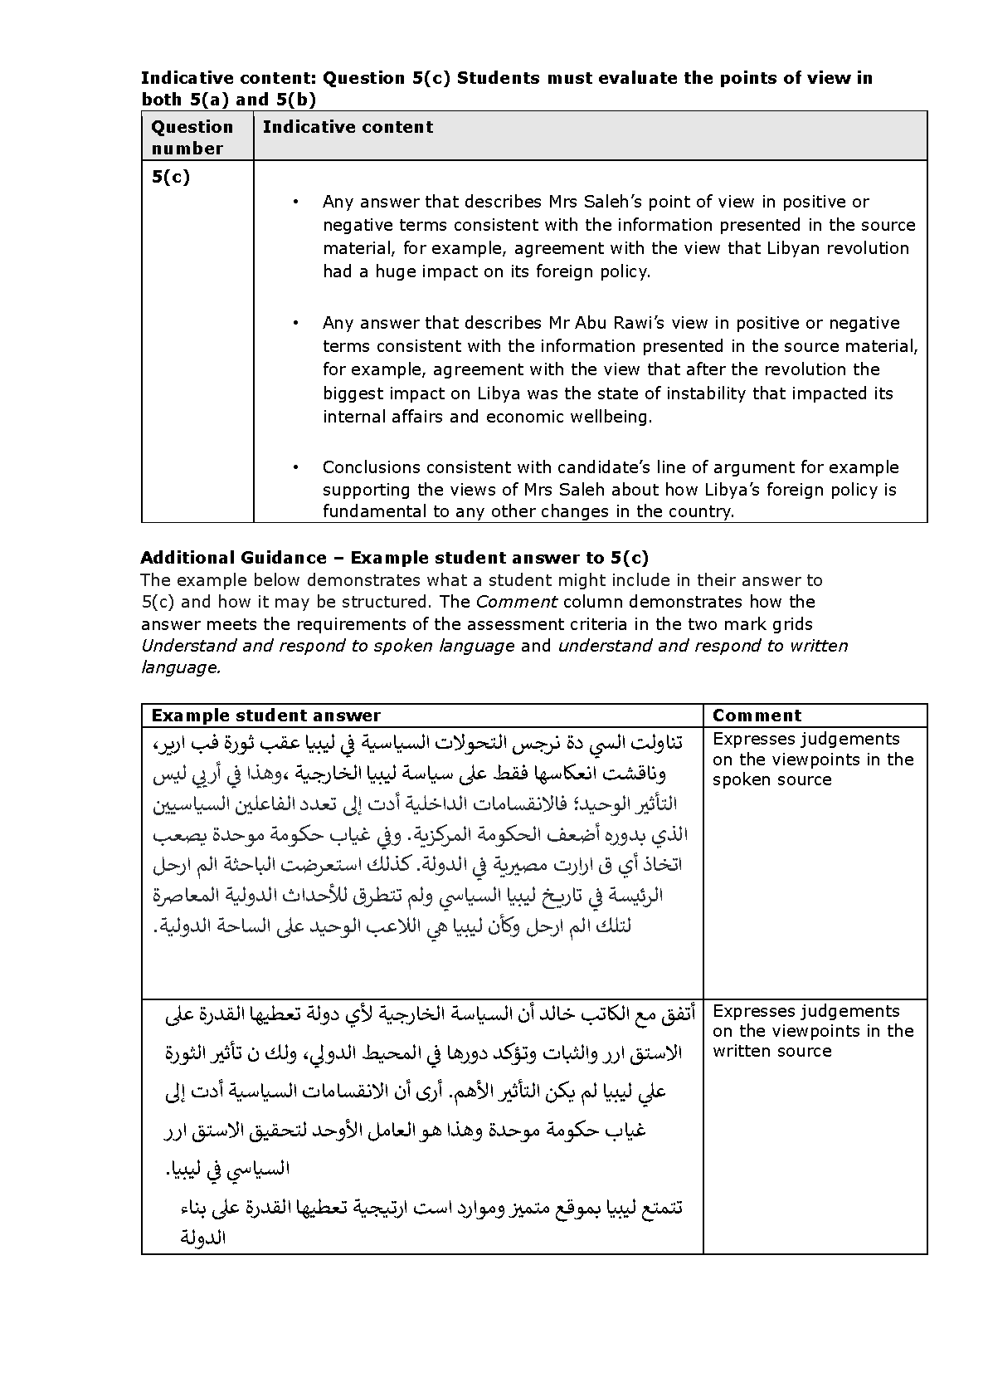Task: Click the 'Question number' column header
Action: click(192, 137)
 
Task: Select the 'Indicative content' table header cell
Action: click(348, 127)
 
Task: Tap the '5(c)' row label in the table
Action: click(171, 177)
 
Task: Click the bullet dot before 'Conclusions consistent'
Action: click(294, 467)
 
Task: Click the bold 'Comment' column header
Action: click(757, 716)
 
